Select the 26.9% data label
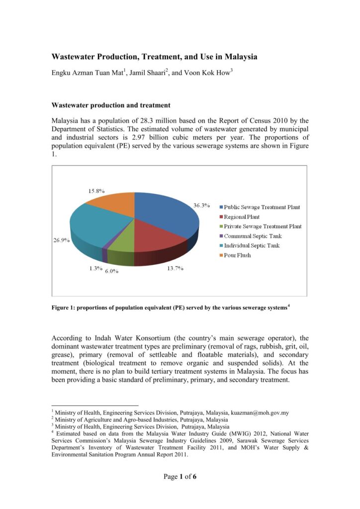tap(62, 240)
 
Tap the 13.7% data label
tap(174, 268)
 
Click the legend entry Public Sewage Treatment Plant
tap(262, 207)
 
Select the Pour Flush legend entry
tap(237, 255)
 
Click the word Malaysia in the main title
tap(240, 57)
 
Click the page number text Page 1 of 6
tap(180, 477)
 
